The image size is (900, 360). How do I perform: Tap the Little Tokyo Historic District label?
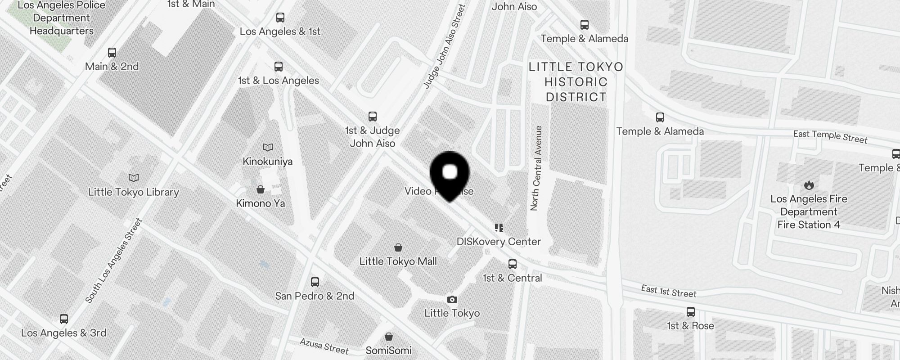pyautogui.click(x=576, y=82)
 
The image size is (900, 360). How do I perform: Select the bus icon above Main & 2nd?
pyautogui.click(x=112, y=53)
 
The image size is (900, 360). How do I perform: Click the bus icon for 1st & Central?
pyautogui.click(x=513, y=264)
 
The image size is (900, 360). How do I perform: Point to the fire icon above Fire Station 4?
pyautogui.click(x=809, y=185)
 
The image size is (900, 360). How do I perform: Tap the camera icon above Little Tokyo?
pyautogui.click(x=452, y=300)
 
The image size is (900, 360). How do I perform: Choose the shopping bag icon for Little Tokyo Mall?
pyautogui.click(x=398, y=247)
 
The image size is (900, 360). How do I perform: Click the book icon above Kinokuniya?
pyautogui.click(x=268, y=148)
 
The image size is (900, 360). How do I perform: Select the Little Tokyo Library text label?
pyautogui.click(x=134, y=192)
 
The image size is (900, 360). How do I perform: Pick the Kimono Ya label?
pyautogui.click(x=261, y=203)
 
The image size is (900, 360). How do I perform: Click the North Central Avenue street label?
pyautogui.click(x=536, y=168)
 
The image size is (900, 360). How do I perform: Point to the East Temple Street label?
pyautogui.click(x=830, y=136)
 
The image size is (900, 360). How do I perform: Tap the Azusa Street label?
pyautogui.click(x=324, y=346)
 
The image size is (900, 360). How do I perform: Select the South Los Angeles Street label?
pyautogui.click(x=113, y=260)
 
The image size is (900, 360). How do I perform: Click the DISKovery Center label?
pyautogui.click(x=499, y=242)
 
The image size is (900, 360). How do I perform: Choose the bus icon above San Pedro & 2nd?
pyautogui.click(x=315, y=282)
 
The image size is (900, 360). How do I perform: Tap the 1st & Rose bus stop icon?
pyautogui.click(x=691, y=311)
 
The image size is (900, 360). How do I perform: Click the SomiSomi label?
pyautogui.click(x=388, y=350)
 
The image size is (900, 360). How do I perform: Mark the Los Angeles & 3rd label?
pyautogui.click(x=64, y=333)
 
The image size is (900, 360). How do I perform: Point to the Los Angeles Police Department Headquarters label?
pyautogui.click(x=62, y=18)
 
